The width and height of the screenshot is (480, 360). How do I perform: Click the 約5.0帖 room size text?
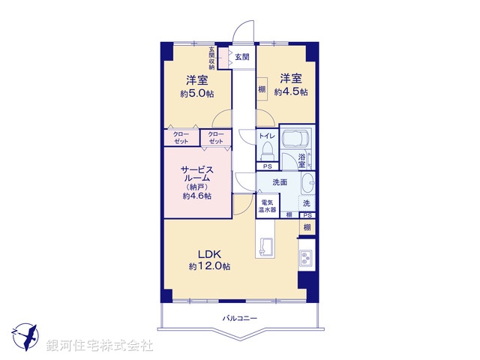[x=197, y=94]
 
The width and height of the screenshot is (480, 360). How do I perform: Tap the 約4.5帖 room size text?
[x=291, y=92]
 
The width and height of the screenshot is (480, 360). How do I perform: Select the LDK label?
[x=209, y=253]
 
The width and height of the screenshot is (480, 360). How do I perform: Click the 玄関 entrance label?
[x=241, y=57]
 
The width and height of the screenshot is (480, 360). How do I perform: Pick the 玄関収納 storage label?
[x=212, y=58]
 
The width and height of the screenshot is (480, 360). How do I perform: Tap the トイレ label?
[x=267, y=136]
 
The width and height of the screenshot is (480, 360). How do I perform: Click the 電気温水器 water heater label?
[x=268, y=206]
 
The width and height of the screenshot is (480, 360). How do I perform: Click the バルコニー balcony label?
[x=240, y=319]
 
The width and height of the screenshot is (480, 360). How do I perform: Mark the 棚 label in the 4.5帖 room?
[x=262, y=90]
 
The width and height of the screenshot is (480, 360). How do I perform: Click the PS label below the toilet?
[x=267, y=166]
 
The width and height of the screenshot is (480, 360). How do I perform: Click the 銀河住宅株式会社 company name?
[x=100, y=346]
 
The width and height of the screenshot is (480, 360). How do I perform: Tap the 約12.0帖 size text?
[x=209, y=267]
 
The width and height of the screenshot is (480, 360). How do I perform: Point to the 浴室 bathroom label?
[x=302, y=160]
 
